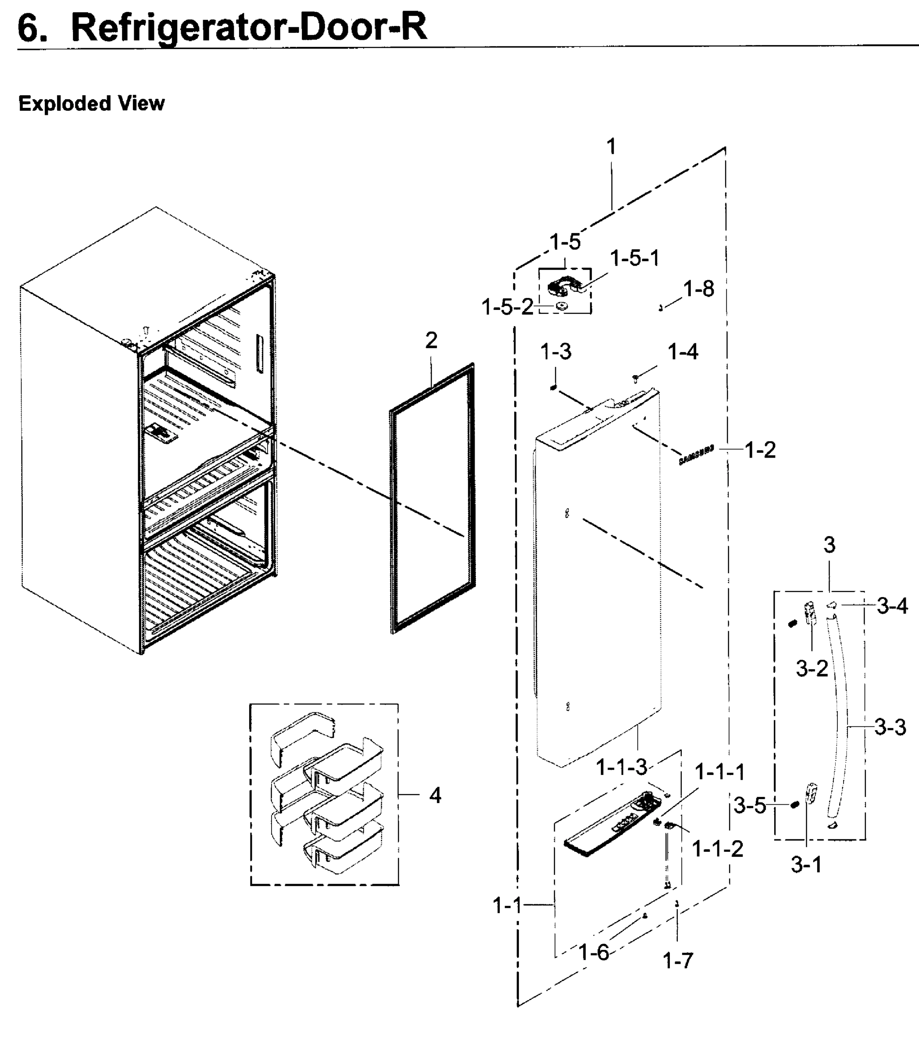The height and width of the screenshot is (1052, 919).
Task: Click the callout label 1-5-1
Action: (634, 259)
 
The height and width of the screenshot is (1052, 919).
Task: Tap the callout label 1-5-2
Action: (507, 307)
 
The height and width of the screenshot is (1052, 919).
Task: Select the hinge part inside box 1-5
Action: (563, 286)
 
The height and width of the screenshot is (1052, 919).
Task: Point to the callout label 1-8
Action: (698, 289)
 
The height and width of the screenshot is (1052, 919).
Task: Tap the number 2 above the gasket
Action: (431, 341)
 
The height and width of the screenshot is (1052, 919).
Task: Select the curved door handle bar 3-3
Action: (841, 718)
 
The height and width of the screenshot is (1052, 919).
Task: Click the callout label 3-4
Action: (892, 606)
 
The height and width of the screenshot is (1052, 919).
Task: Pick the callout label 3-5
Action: (749, 806)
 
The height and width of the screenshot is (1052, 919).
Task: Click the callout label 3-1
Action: (806, 865)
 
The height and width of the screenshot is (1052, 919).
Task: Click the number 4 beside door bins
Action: (435, 795)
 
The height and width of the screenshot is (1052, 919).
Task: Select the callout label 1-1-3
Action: (621, 768)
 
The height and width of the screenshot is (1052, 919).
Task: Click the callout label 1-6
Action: (594, 952)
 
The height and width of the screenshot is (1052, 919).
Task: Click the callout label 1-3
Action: (555, 352)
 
